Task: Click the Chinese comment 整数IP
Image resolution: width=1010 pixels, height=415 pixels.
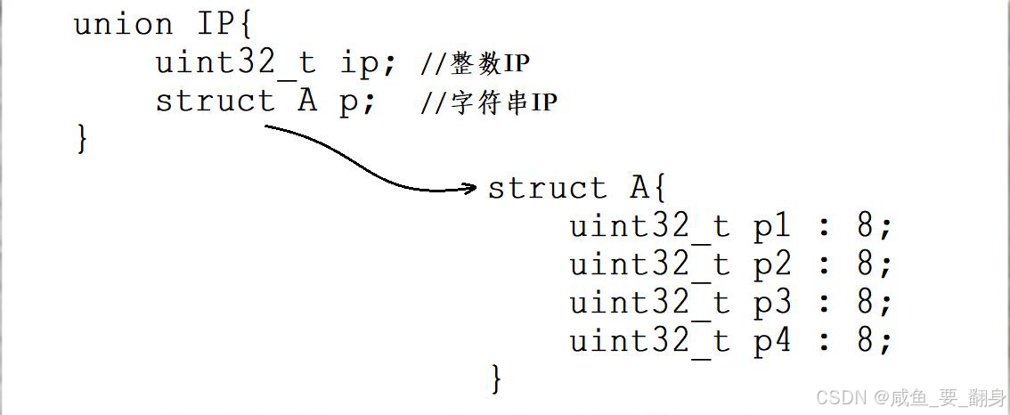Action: pyautogui.click(x=490, y=64)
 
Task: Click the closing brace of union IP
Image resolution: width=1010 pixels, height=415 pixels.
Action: pyautogui.click(x=83, y=140)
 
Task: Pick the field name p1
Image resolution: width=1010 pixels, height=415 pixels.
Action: pyautogui.click(x=772, y=228)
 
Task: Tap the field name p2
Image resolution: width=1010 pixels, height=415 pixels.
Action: pyautogui.click(x=772, y=265)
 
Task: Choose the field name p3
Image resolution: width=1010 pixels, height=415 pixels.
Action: pyautogui.click(x=772, y=304)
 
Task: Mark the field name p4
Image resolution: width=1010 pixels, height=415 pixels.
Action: pyautogui.click(x=772, y=342)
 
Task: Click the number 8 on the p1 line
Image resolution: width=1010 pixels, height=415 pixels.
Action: pyautogui.click(x=866, y=227)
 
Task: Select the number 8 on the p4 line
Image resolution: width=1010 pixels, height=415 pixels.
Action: pyautogui.click(x=866, y=341)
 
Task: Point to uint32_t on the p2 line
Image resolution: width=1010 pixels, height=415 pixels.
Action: pyautogui.click(x=650, y=265)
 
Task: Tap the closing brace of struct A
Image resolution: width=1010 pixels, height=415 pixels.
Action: pyautogui.click(x=497, y=379)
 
